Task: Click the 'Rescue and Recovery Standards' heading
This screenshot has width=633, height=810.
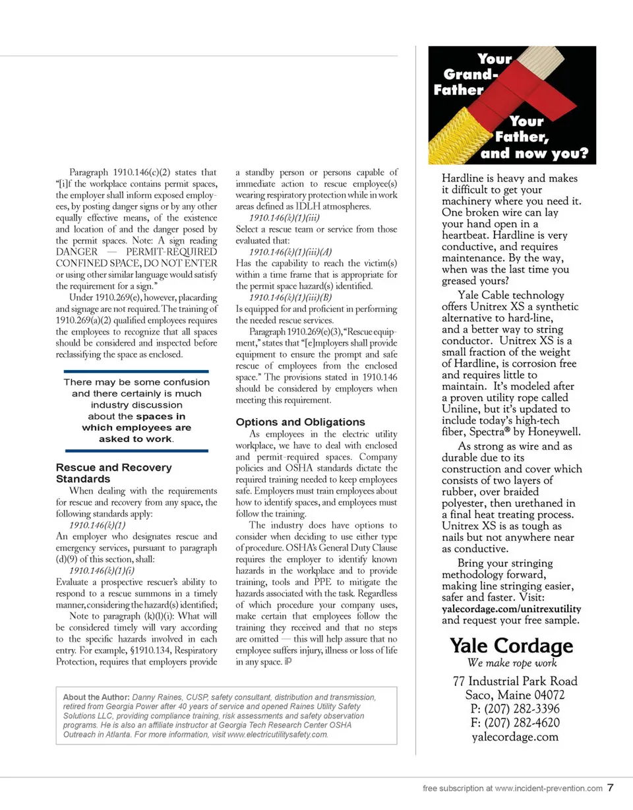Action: point(113,473)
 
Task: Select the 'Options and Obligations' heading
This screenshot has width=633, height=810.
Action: point(300,422)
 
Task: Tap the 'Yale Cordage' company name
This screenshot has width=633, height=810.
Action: point(511,645)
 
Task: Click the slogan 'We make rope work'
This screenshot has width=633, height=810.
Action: point(512,663)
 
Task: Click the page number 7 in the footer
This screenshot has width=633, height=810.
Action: point(611,788)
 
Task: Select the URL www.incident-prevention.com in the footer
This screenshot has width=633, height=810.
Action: point(549,788)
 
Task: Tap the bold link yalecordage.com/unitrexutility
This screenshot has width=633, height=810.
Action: point(511,608)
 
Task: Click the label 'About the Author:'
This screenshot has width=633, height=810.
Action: point(96,697)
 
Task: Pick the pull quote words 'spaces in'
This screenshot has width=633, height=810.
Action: point(161,416)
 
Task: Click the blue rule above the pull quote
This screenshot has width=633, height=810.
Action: point(132,371)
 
